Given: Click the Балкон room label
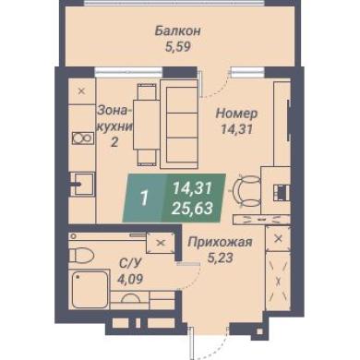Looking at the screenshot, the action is (x=177, y=31).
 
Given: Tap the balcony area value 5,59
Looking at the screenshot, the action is (x=178, y=47).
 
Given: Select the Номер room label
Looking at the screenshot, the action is (x=236, y=114).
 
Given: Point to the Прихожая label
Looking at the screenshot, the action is (x=220, y=242).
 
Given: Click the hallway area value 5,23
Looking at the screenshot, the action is (x=220, y=258).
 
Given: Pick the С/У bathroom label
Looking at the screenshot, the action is (x=130, y=263).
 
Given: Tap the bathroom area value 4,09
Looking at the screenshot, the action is (x=130, y=279).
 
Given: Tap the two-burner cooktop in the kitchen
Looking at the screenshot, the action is (x=82, y=138).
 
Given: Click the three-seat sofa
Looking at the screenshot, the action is (x=179, y=124).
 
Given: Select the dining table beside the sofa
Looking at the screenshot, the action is (x=146, y=125).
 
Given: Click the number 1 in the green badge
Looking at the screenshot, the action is (x=144, y=198).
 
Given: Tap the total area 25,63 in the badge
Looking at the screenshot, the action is (x=192, y=209).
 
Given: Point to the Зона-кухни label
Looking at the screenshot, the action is (x=114, y=126).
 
